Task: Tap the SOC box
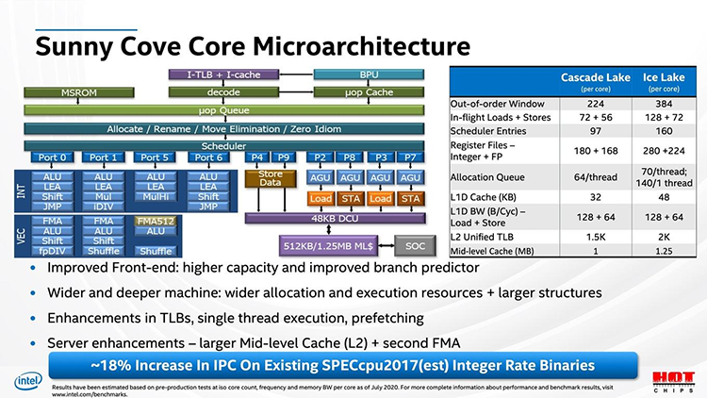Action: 413,246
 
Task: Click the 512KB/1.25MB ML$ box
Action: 336,246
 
